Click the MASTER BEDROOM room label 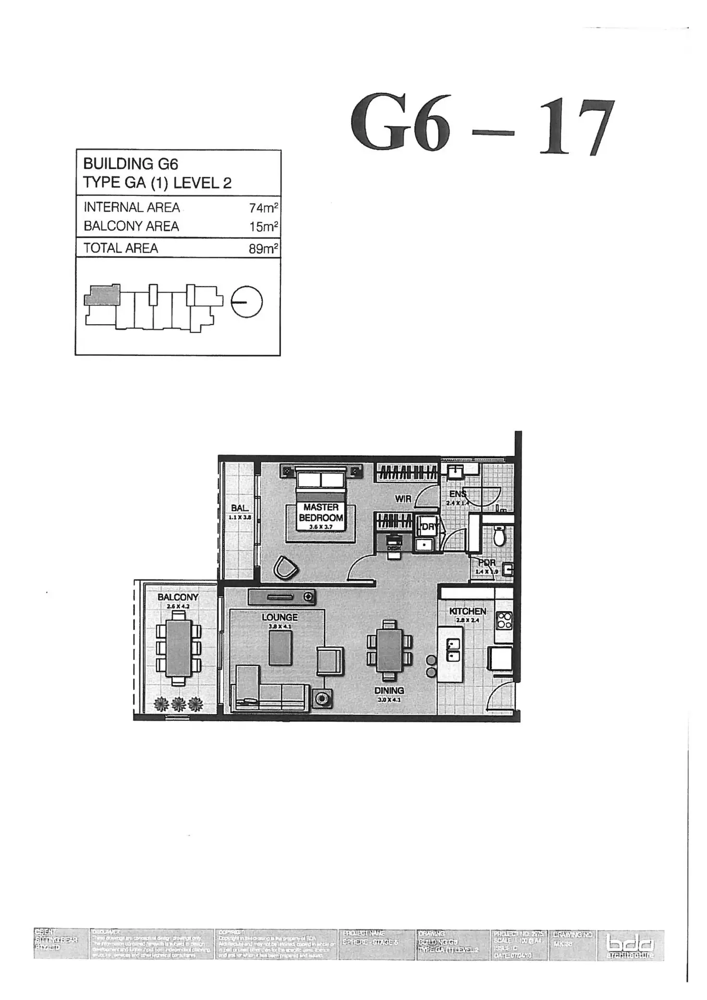point(321,512)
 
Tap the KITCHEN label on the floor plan point(467,611)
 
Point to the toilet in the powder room point(499,536)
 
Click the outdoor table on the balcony point(178,649)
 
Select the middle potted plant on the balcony point(179,704)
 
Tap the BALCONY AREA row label point(131,226)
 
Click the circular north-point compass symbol point(247,302)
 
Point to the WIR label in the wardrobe point(403,499)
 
